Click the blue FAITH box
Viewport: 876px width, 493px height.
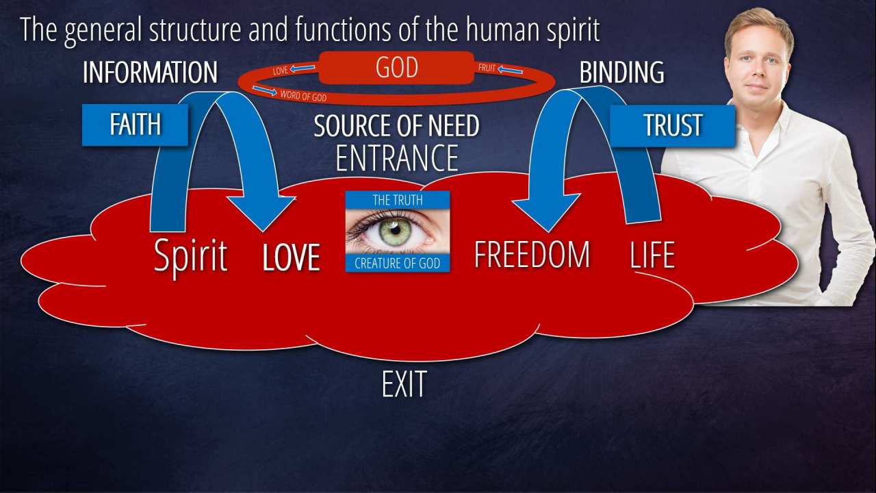135,125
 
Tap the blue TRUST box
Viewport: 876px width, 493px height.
672,125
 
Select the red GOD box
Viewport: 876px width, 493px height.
396,68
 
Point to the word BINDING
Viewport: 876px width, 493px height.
621,73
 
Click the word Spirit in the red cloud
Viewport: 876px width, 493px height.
190,256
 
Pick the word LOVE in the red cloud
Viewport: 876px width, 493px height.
292,257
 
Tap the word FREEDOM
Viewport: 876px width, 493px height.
532,255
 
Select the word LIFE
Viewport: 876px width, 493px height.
652,255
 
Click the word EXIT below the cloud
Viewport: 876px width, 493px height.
404,385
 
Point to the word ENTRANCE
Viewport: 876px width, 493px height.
397,157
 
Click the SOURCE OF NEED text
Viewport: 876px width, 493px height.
396,127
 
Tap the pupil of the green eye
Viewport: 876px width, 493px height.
395,229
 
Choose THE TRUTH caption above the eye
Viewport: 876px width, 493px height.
398,200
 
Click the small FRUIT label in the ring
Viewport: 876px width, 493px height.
487,68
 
